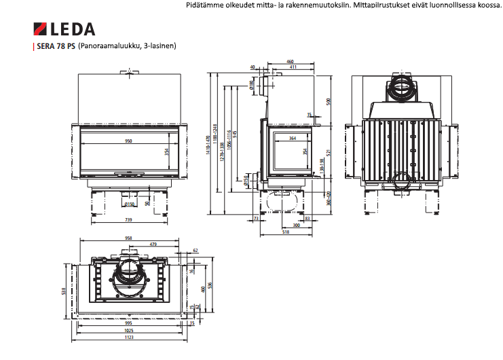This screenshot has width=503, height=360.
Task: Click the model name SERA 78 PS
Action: (56, 47)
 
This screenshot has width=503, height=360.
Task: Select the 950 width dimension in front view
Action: (128, 141)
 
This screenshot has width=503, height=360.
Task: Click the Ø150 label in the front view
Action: (129, 203)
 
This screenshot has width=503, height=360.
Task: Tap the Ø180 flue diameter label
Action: (252, 85)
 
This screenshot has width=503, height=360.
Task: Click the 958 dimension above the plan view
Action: (129, 238)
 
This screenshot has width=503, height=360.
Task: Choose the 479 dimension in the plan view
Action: (153, 244)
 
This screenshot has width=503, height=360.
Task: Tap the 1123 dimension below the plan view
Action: (129, 337)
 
